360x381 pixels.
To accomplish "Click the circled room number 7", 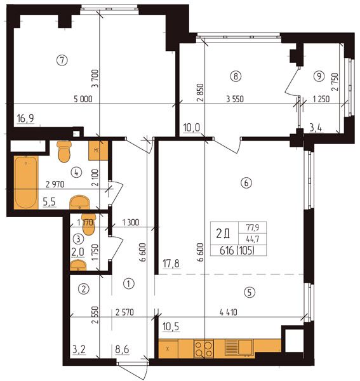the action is click(62, 60).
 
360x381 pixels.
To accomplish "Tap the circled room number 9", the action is click(319, 76).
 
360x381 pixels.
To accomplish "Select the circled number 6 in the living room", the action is click(246, 183).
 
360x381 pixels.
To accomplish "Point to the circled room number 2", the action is click(84, 289).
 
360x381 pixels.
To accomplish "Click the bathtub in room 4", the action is click(26, 182).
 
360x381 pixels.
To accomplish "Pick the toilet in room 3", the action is click(88, 224).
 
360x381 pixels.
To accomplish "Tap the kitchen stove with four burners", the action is click(204, 349).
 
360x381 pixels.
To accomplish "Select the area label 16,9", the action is click(25, 119).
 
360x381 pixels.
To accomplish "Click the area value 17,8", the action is click(171, 264).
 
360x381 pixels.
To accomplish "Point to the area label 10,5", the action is click(171, 327).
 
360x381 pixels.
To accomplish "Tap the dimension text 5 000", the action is click(83, 99).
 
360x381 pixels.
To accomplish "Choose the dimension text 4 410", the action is click(229, 312).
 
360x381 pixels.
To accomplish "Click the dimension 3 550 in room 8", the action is click(235, 99).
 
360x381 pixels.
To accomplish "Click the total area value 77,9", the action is click(253, 228).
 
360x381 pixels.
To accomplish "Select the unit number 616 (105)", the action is click(237, 251).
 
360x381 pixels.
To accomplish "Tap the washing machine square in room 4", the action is click(98, 150).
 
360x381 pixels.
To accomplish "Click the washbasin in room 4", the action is click(79, 202).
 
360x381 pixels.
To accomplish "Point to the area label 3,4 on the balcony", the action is click(316, 128).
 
